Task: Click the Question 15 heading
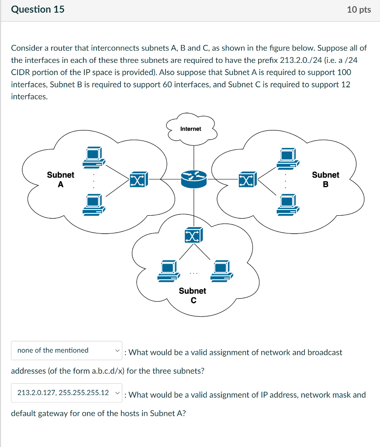[38, 10]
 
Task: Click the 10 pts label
[359, 10]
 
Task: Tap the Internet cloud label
[191, 129]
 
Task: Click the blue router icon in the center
[193, 179]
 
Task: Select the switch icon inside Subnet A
[138, 180]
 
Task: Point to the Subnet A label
[61, 179]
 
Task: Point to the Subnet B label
[325, 179]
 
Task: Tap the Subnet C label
[193, 295]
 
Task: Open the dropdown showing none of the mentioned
[66, 351]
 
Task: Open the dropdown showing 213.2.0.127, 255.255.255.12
[66, 393]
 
